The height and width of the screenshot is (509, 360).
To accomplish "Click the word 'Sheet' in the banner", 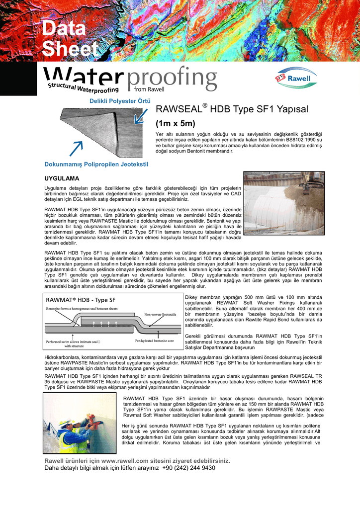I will pos(70,49).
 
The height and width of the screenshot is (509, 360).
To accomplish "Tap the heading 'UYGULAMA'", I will pos(62,177).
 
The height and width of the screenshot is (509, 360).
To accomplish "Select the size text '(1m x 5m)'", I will pos(176,123).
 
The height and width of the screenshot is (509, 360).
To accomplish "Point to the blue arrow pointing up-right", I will pos(76,148).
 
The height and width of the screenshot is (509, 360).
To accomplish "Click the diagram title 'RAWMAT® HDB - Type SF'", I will pos(81,300).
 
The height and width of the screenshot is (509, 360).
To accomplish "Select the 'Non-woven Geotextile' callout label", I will pos(160,315).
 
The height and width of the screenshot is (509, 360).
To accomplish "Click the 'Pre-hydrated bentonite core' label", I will pos(156,341).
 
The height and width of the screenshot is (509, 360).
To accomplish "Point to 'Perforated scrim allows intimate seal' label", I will pos(73,342).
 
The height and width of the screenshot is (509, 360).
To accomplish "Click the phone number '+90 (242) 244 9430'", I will pos(189,468).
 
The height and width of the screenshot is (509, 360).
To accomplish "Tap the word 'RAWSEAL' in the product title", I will pos(178,109).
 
